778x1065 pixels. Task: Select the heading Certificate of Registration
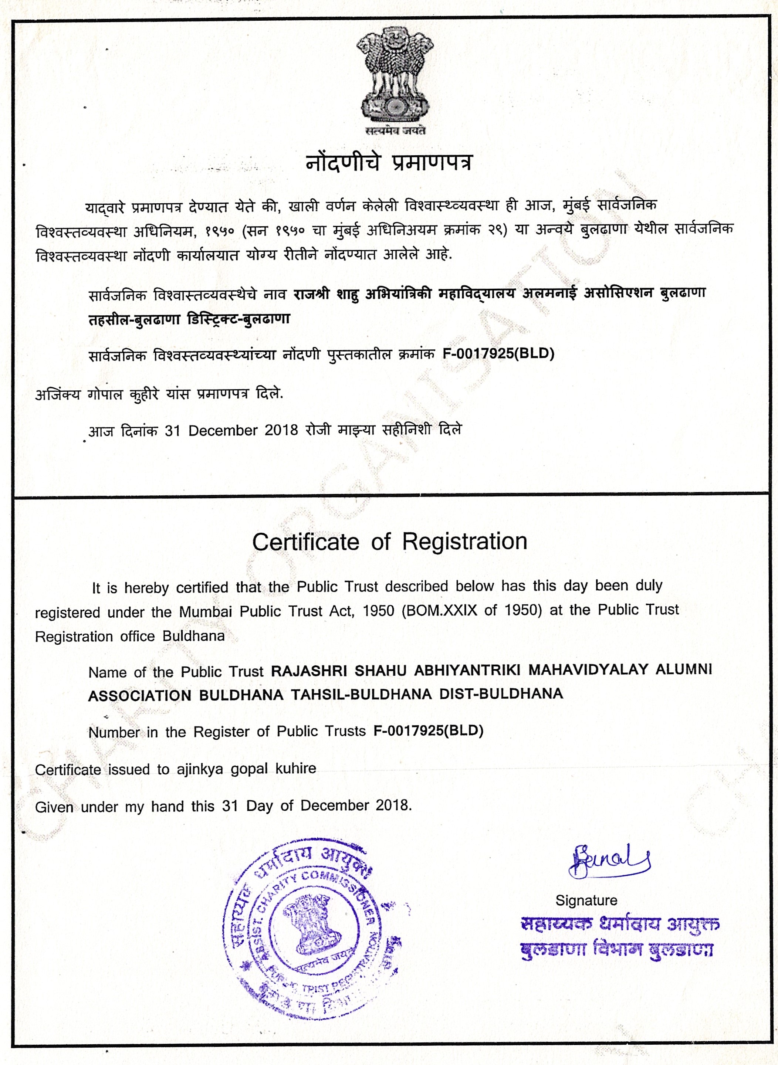tap(389, 542)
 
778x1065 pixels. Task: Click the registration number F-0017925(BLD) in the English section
tap(429, 731)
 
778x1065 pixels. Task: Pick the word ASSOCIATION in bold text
tap(139, 696)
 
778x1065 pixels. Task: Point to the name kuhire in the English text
tap(296, 769)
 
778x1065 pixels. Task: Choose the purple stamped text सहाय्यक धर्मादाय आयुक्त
tap(620, 925)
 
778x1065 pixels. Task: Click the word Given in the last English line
tap(54, 807)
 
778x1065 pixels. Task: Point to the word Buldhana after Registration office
tap(193, 636)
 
